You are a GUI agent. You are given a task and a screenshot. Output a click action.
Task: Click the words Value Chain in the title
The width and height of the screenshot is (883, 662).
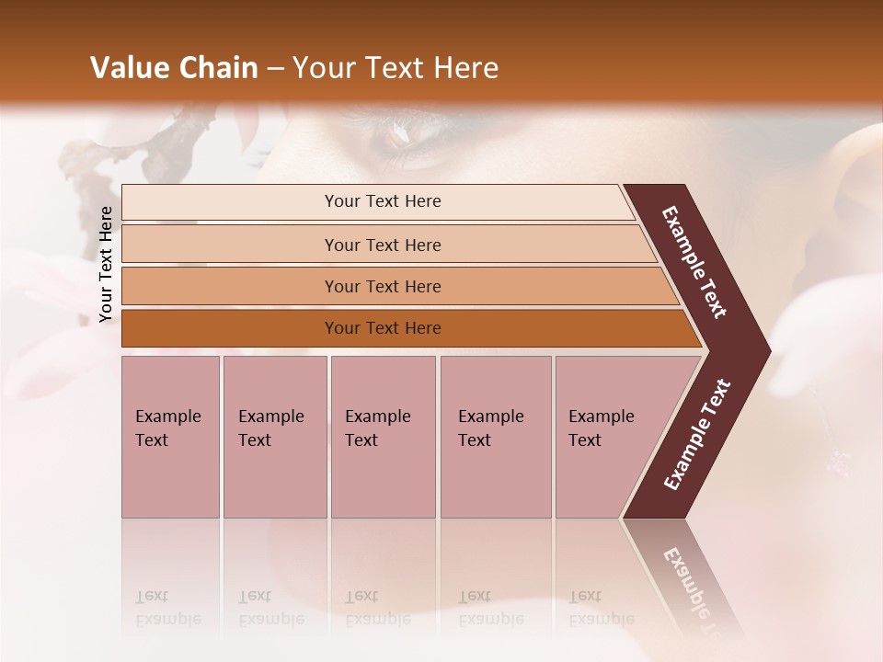coord(174,68)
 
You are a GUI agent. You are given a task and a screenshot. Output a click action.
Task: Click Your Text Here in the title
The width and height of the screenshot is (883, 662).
coord(396,68)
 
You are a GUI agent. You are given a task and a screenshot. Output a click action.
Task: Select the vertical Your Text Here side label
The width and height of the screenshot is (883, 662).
coord(106,264)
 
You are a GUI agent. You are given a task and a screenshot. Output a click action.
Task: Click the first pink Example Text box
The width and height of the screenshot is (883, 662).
coord(170,437)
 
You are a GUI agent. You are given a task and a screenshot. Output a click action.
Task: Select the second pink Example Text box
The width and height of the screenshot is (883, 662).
coord(274,437)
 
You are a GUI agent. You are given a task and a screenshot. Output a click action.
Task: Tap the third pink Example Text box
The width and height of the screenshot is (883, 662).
coord(383,437)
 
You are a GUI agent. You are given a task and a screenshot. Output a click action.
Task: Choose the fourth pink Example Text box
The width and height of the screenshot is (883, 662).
coord(496,437)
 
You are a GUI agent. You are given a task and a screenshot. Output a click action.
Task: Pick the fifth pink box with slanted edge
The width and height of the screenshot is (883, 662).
coord(607,437)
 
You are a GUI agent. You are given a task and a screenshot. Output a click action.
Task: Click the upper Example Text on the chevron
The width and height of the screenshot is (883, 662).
coord(694,262)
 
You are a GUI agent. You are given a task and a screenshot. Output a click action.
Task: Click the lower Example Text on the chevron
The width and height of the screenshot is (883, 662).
coord(697,435)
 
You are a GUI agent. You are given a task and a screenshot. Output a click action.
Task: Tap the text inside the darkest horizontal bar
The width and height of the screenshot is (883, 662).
coord(383,328)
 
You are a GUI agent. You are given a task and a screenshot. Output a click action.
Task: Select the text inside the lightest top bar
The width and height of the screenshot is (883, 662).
coord(383,201)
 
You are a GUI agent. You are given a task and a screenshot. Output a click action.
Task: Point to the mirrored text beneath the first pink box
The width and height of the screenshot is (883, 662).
coord(168,608)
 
